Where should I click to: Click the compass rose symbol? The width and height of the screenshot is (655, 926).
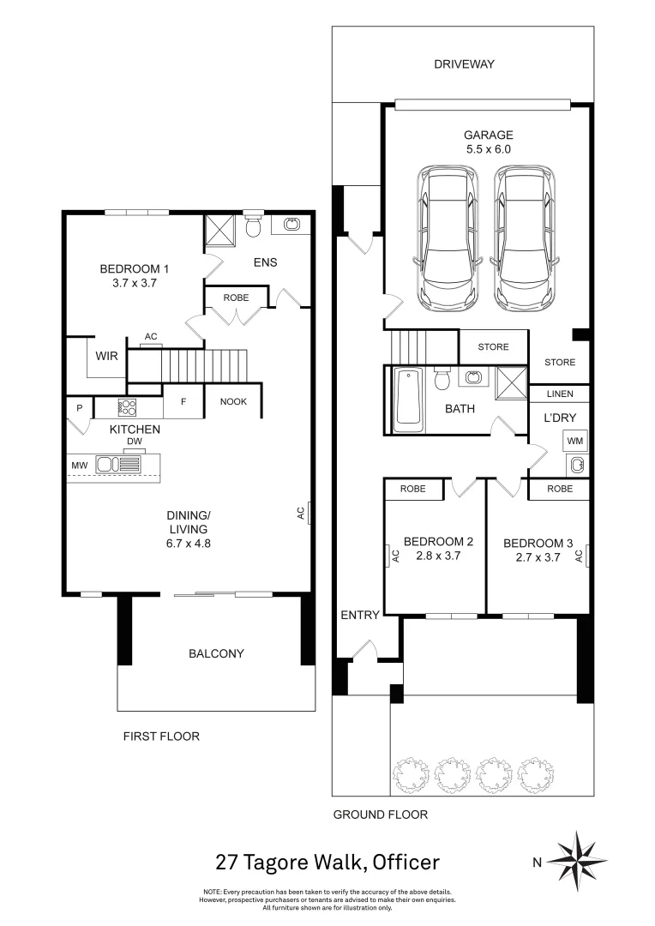(577, 862)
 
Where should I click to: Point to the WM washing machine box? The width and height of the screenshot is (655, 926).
(575, 441)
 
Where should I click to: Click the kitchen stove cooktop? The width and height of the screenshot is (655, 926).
(128, 407)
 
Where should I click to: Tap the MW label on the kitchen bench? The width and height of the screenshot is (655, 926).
(80, 466)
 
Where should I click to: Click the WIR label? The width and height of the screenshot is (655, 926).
(106, 355)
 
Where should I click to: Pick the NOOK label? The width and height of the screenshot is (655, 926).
(233, 401)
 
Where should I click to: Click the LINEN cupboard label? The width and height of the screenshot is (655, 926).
(559, 394)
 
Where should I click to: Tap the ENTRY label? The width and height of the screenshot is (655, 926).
(359, 615)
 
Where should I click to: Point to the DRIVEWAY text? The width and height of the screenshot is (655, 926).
(463, 64)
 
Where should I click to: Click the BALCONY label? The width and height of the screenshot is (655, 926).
(216, 653)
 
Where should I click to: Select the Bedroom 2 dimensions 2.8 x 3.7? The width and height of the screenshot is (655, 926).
(438, 556)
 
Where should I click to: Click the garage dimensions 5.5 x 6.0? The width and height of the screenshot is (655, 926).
(488, 148)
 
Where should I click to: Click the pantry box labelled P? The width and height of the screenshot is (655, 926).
(79, 407)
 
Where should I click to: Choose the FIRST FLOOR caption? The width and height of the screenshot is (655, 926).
(161, 736)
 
